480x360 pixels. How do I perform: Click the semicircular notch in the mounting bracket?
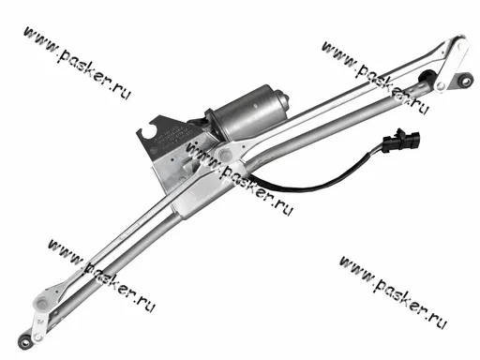(x=150, y=128)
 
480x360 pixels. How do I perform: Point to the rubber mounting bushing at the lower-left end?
(x=24, y=341)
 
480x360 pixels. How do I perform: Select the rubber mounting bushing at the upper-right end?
(x=466, y=81)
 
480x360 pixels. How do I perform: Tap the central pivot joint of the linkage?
(x=224, y=154)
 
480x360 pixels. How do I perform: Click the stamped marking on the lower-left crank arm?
(x=40, y=321)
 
